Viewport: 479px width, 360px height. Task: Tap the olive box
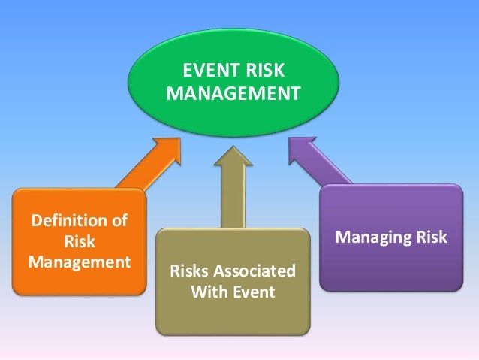[233, 316]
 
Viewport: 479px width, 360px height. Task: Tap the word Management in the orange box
[79, 262]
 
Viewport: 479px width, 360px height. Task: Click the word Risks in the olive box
[192, 270]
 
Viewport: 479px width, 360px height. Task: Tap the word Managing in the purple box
[370, 238]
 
